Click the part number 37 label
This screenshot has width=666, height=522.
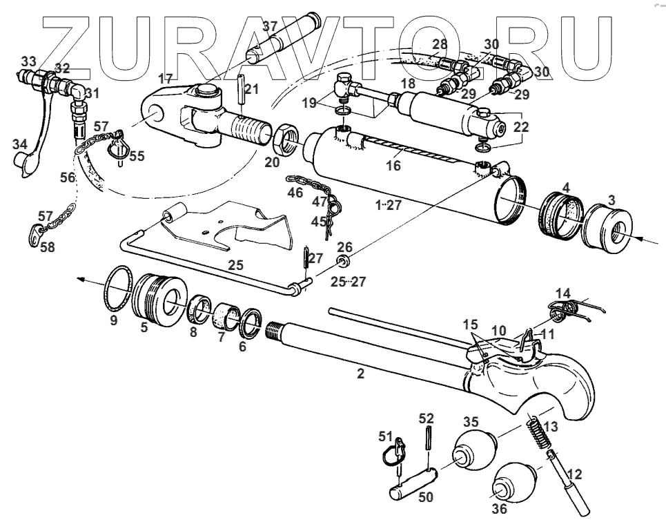coord(270,27)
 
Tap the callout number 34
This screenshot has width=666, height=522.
coord(19,145)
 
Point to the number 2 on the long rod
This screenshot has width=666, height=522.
coord(360,375)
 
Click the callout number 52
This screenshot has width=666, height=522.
coord(426,418)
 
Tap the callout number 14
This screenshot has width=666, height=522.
coord(563,292)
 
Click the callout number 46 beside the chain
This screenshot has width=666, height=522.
coord(295,193)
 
